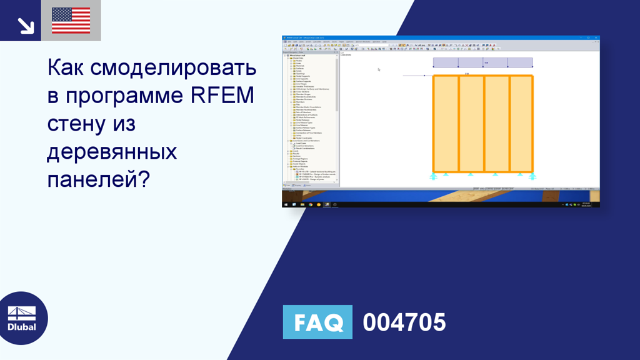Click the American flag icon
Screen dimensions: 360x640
coord(71,21)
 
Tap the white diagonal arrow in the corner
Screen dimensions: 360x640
coord(26,24)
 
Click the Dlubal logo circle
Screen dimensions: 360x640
coord(21,318)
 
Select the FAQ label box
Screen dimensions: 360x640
coord(317,322)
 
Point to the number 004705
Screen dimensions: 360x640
coord(404,322)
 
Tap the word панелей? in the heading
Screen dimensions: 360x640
coord(98,179)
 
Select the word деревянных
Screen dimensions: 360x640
coord(112,151)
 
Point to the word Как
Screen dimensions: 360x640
coord(66,68)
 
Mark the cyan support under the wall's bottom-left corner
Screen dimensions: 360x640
coord(433,176)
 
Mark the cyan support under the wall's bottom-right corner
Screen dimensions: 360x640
coord(532,176)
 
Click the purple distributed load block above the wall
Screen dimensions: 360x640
coord(482,62)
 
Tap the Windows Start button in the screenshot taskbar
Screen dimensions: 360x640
coord(286,204)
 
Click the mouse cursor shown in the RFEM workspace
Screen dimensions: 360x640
coord(379,69)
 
